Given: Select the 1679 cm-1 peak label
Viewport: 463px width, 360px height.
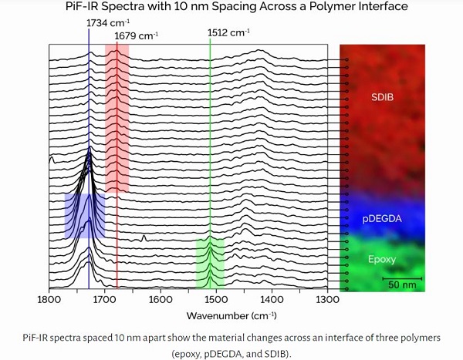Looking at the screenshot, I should coord(136,35).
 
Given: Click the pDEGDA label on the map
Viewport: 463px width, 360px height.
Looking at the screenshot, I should coord(382,218).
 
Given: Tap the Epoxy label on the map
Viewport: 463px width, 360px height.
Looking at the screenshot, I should coord(380,259).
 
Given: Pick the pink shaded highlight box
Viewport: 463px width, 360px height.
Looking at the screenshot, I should coord(117,116).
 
